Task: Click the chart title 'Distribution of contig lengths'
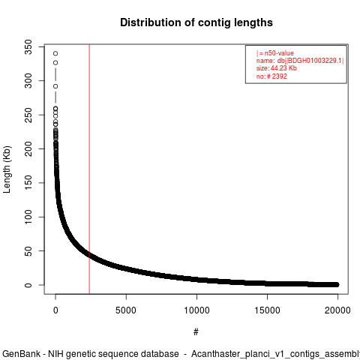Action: [x=196, y=22]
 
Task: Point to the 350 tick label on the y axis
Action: [x=28, y=47]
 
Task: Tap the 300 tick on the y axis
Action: [x=28, y=81]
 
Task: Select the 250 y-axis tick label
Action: [x=28, y=115]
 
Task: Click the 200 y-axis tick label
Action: [x=28, y=149]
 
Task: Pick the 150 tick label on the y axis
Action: [x=28, y=183]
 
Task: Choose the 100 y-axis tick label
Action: [x=28, y=217]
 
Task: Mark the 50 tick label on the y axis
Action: [x=28, y=251]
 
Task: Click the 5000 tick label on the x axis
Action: [x=126, y=310]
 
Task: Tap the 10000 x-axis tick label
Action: [x=196, y=310]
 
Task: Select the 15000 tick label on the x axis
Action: [x=267, y=310]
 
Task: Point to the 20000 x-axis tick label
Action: [x=337, y=310]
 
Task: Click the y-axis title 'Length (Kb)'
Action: [x=7, y=169]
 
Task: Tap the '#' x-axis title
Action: [x=196, y=332]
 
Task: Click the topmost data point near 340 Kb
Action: [x=55, y=53]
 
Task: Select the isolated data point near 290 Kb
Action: [x=55, y=86]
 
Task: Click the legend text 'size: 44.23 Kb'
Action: [x=277, y=68]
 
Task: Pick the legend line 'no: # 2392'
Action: [x=271, y=76]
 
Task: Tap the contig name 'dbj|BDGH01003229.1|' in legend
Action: [x=310, y=61]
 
